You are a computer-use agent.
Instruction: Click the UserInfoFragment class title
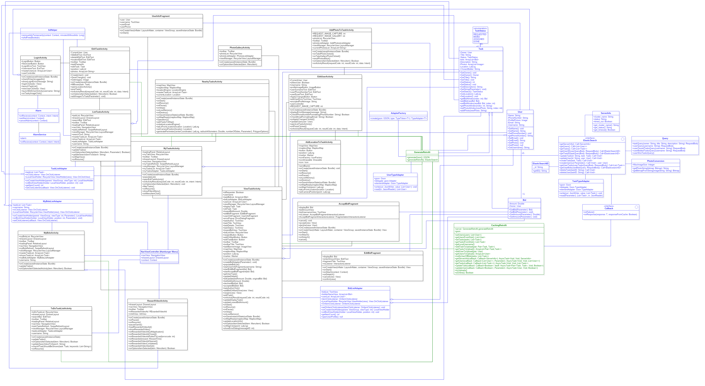(x=161, y=16)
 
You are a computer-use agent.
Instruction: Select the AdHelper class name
(x=53, y=30)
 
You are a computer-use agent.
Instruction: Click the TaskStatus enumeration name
(x=480, y=31)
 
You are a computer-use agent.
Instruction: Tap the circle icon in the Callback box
(x=636, y=207)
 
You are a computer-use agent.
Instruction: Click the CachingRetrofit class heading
(x=499, y=225)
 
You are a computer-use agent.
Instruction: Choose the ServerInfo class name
(x=606, y=113)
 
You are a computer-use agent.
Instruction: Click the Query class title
(x=665, y=138)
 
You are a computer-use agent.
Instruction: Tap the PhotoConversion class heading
(x=655, y=161)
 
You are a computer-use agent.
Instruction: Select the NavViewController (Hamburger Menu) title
(x=159, y=252)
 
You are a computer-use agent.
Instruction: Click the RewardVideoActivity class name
(x=157, y=301)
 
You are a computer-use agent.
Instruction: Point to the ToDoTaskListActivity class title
(x=61, y=309)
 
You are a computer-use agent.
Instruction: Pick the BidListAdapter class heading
(x=355, y=288)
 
